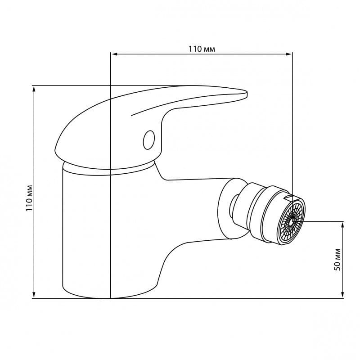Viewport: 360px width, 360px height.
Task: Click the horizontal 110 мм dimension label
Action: coord(202,49)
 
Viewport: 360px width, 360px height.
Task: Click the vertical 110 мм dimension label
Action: coord(29,198)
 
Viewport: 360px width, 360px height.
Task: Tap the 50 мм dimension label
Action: coord(337,260)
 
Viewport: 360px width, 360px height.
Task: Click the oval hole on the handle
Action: coord(149,140)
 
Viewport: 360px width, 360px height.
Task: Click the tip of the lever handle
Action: coord(247,94)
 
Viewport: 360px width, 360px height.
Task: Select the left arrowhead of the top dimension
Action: coord(114,54)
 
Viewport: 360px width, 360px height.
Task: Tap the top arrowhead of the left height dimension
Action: coord(34,90)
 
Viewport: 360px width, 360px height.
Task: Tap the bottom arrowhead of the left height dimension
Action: coord(34,295)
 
